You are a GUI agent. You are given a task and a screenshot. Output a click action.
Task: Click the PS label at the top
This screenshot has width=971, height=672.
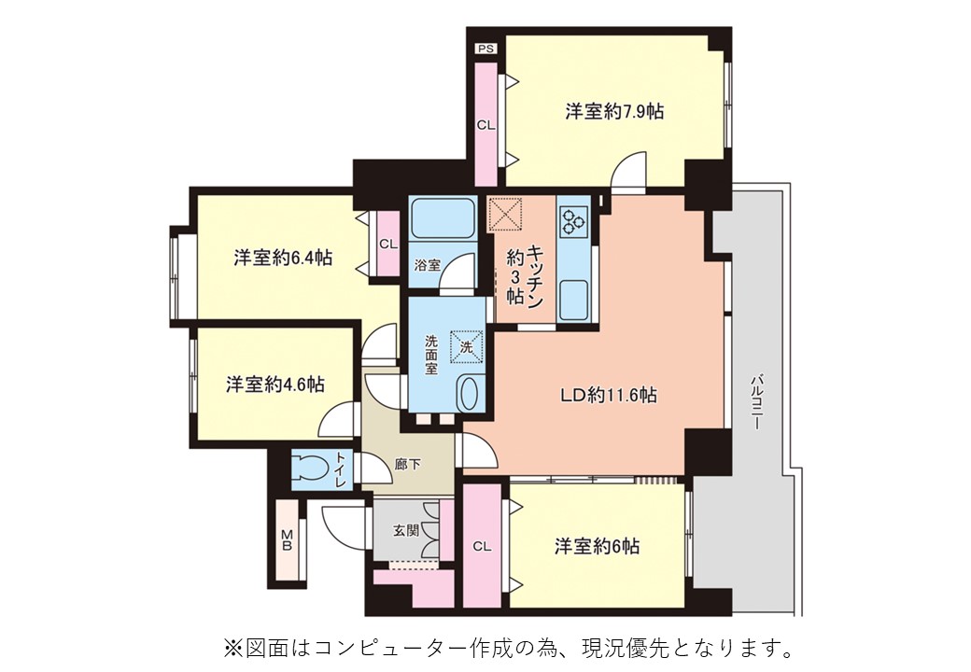pyautogui.click(x=486, y=49)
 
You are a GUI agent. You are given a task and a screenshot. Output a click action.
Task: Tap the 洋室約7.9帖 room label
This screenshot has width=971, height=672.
pyautogui.click(x=614, y=111)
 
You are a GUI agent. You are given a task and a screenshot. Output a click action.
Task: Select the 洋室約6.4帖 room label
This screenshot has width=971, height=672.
pyautogui.click(x=283, y=258)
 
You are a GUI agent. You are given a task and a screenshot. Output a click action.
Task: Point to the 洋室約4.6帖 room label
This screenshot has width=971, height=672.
pyautogui.click(x=274, y=385)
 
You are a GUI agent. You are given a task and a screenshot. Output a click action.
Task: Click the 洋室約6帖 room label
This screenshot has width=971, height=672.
pyautogui.click(x=597, y=546)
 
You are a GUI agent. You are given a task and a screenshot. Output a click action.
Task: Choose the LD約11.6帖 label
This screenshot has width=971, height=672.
pyautogui.click(x=609, y=395)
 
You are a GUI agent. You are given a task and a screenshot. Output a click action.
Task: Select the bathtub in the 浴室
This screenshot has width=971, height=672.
pyautogui.click(x=443, y=219)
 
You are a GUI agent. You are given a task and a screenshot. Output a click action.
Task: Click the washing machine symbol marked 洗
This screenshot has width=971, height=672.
pyautogui.click(x=466, y=347)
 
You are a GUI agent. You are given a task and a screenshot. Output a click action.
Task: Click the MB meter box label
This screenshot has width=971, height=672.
pyautogui.click(x=287, y=539)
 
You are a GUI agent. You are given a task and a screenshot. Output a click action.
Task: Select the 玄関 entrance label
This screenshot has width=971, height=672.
pyautogui.click(x=406, y=530)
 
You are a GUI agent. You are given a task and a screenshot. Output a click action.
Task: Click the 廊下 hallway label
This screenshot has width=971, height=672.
pyautogui.click(x=407, y=464)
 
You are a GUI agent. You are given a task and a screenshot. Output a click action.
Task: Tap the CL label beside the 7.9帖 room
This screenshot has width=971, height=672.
pyautogui.click(x=486, y=125)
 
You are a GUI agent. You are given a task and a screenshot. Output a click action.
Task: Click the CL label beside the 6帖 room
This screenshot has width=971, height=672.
pyautogui.click(x=482, y=546)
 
